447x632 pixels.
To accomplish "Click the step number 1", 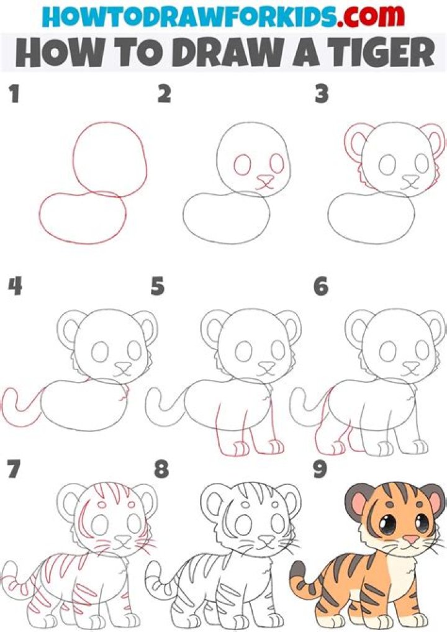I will click(x=13, y=94).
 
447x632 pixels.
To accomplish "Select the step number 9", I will click(x=320, y=469).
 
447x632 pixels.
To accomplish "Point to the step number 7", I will click(x=13, y=469).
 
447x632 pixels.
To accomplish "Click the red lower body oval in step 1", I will click(x=81, y=217).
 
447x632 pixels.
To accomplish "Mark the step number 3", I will click(x=320, y=94).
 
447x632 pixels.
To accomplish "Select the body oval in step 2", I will click(x=226, y=217).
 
